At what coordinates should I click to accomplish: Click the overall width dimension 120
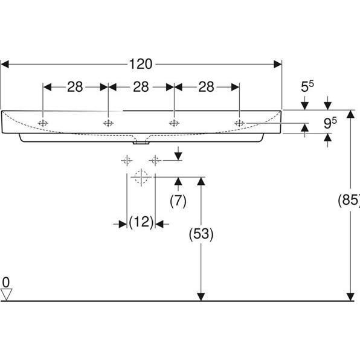[141, 63]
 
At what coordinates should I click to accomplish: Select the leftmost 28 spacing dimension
[75, 87]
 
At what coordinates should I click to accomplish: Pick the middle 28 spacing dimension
[141, 87]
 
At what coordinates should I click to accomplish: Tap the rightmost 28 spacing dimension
[207, 87]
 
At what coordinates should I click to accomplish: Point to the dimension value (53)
[201, 233]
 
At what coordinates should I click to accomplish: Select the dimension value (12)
[141, 223]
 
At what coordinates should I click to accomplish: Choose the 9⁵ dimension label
[330, 123]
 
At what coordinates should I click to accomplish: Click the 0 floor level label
[6, 282]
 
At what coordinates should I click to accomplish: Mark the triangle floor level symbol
[7, 294]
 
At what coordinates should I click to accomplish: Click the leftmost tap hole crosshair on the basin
[43, 123]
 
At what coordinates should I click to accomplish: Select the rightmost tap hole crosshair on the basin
[240, 123]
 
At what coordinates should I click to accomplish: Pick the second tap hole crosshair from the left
[109, 123]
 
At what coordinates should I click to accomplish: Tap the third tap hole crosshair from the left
[174, 123]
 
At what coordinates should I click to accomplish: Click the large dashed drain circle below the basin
[141, 177]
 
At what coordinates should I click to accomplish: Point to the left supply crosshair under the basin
[126, 160]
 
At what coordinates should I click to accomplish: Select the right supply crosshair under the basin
[155, 160]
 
